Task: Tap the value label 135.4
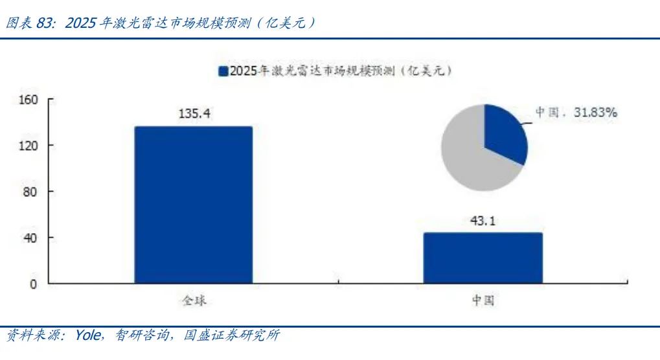click(x=194, y=114)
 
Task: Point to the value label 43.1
click(x=482, y=221)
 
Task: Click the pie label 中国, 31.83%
click(x=576, y=113)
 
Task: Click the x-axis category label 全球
click(x=193, y=301)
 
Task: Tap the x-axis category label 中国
click(x=483, y=301)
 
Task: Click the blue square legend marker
click(x=223, y=71)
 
